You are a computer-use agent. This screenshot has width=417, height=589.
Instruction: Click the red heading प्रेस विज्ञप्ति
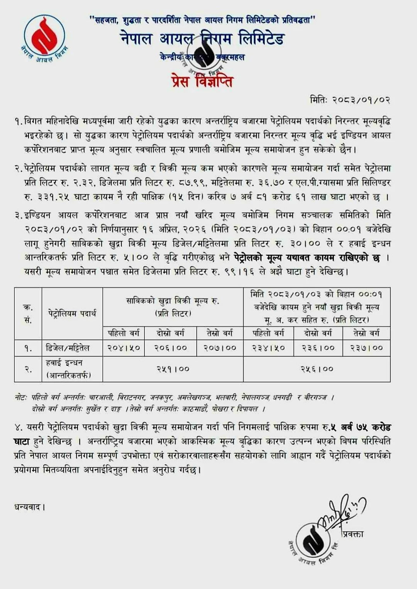202,81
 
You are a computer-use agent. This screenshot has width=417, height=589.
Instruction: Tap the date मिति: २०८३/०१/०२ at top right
350,100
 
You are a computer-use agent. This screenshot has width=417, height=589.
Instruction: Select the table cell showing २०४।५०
124,348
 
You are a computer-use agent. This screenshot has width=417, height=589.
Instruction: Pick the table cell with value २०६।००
171,348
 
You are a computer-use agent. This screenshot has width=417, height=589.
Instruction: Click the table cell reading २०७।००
220,348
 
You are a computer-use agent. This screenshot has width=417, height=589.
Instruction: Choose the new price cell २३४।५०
268,348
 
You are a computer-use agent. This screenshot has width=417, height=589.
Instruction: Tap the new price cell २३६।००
318,348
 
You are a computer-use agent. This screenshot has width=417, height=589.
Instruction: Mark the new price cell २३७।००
366,348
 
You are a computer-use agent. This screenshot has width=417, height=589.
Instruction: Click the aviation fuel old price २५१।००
173,369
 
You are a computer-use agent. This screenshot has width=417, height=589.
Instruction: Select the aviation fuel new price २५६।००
317,369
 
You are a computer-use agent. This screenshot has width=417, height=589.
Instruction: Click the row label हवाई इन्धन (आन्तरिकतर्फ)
68,369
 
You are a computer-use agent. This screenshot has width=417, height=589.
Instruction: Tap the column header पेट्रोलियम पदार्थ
72,313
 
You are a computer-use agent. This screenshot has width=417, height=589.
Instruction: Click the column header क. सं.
28,314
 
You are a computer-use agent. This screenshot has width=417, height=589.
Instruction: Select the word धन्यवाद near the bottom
29,507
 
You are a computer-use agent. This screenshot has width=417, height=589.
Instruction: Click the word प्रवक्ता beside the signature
353,534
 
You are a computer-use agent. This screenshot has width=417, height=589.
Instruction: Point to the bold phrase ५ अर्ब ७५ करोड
360,427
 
